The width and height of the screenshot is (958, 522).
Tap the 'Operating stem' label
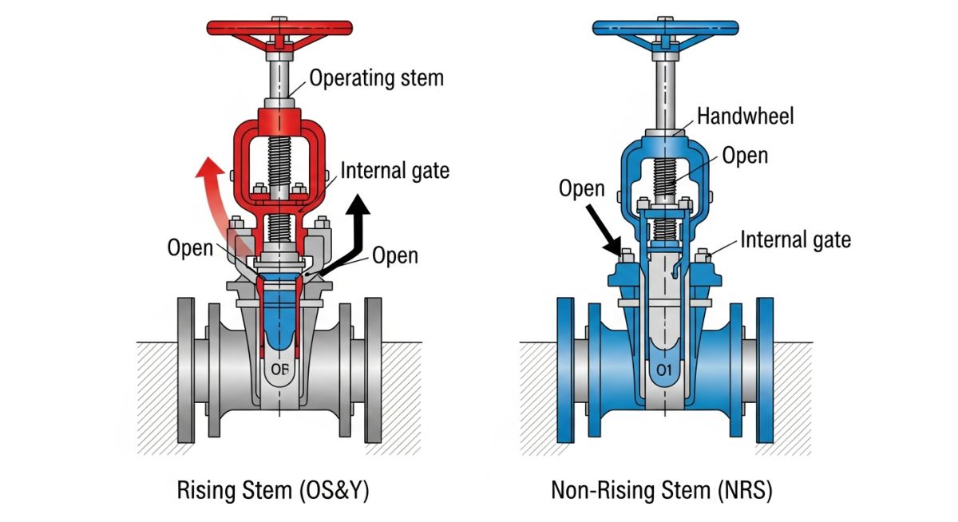point(375,78)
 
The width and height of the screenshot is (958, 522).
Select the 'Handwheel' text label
point(745,117)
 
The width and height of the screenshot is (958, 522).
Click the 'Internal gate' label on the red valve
point(394,170)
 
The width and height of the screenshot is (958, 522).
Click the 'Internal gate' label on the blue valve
point(795,239)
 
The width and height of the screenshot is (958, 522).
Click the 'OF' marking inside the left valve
point(279,370)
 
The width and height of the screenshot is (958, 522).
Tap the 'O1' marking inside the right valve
point(664,370)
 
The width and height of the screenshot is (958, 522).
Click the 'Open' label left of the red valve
point(190,247)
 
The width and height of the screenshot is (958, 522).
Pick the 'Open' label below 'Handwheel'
point(745,155)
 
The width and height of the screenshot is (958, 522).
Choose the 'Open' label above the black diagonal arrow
point(581,189)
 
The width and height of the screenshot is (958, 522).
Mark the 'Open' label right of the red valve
point(395,255)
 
